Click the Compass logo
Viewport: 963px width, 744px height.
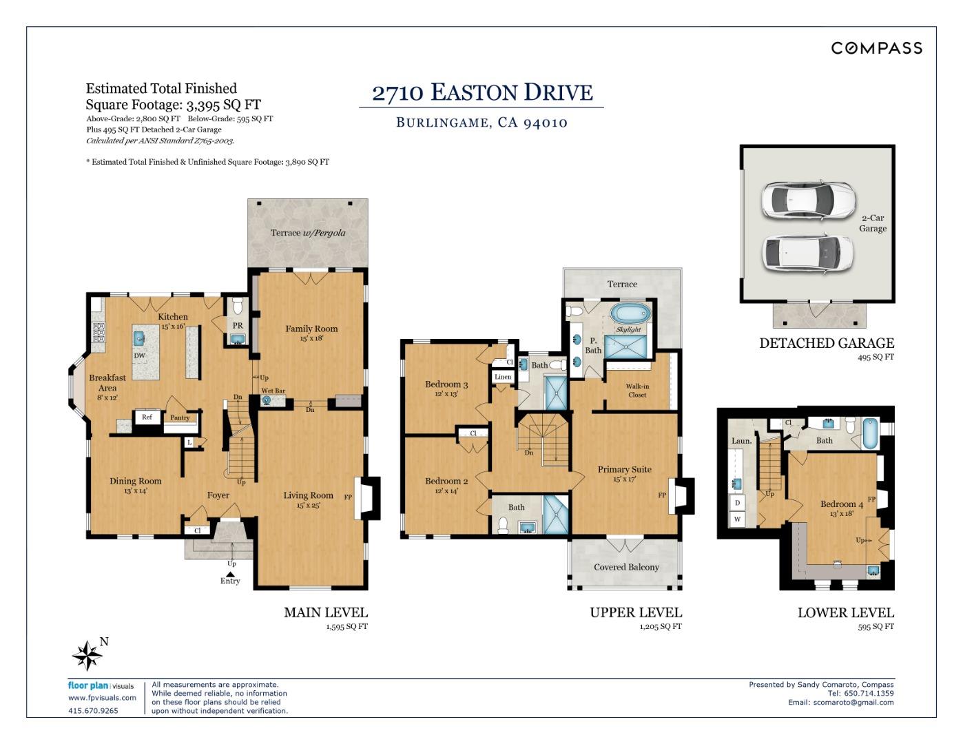pos(877,48)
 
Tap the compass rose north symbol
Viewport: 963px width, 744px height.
pos(87,655)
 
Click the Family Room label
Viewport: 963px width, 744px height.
pos(311,329)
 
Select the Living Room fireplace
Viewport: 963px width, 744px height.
pos(367,498)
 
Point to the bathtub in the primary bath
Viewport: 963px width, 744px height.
pos(630,313)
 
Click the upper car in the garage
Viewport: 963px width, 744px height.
pos(808,200)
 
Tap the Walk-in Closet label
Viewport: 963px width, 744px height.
pos(636,391)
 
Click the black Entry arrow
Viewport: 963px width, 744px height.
pos(230,575)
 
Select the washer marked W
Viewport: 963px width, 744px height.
pos(737,519)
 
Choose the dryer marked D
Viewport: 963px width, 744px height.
pos(737,502)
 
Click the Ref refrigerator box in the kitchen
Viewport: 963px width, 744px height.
pos(147,417)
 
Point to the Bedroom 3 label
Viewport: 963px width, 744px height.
pos(446,384)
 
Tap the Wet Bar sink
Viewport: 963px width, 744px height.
pos(267,400)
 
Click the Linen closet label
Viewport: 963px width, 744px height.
pos(503,377)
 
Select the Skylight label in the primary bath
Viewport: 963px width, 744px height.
pos(628,329)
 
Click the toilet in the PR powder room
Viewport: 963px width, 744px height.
pos(238,305)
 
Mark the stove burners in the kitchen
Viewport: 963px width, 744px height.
pos(99,332)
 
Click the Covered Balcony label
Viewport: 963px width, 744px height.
pos(626,567)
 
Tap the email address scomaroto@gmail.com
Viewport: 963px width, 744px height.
pos(853,702)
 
